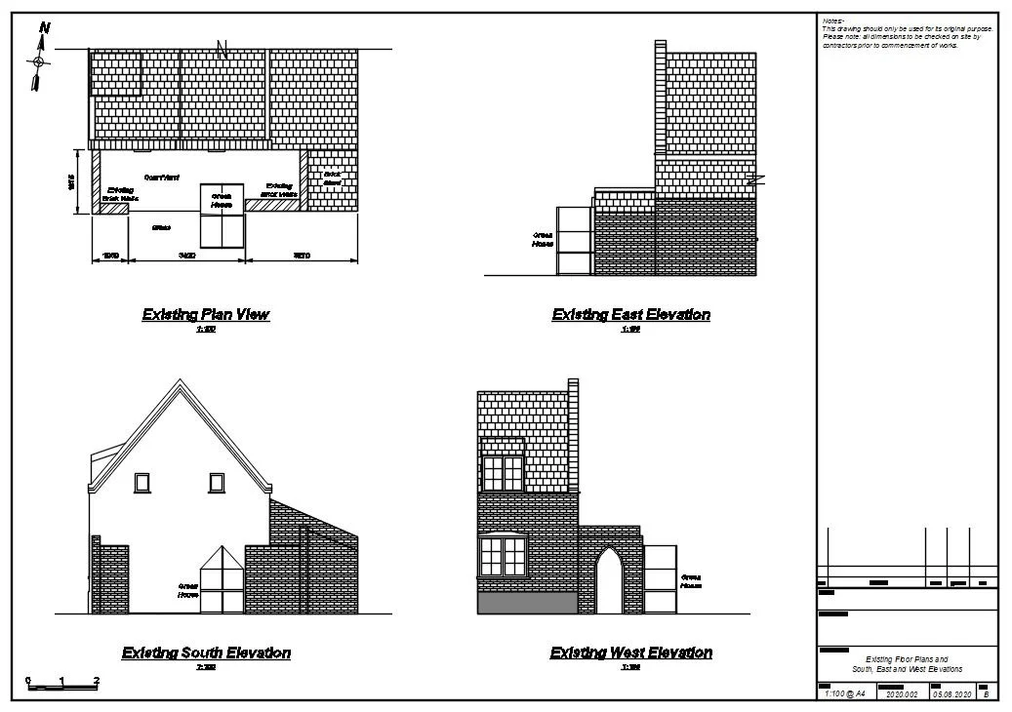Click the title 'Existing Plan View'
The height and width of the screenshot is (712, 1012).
click(206, 315)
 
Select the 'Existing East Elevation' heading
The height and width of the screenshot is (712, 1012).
click(630, 315)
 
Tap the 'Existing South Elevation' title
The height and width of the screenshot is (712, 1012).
click(206, 653)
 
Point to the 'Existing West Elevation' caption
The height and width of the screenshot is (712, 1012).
click(630, 653)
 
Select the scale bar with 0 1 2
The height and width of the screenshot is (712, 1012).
click(62, 685)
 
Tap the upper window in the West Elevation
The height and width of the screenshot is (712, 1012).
click(503, 470)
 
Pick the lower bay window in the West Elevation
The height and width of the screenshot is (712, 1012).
click(502, 557)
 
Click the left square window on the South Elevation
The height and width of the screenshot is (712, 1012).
click(142, 482)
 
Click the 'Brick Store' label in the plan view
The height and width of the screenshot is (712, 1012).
click(332, 178)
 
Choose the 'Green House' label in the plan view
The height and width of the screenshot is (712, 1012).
click(221, 201)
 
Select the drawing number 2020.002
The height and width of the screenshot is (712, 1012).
click(902, 694)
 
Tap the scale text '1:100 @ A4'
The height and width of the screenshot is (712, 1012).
click(844, 694)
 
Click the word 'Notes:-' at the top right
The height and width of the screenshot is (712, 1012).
click(833, 20)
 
